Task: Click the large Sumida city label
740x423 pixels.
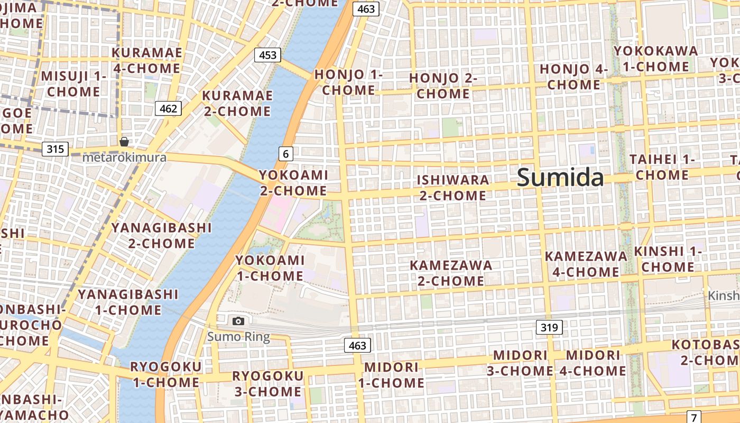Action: [560, 177]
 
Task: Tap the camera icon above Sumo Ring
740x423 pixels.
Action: [238, 321]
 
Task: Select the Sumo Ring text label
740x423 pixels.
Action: [238, 337]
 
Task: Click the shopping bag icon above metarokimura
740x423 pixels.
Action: [124, 142]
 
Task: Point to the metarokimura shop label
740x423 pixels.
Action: [125, 158]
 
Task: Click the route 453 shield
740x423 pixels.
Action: [267, 55]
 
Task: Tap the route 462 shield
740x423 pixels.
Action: [168, 109]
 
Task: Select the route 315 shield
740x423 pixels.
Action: [55, 149]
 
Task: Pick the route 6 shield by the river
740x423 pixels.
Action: [285, 154]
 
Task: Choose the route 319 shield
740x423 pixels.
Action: [549, 327]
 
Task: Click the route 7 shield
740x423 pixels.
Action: [693, 416]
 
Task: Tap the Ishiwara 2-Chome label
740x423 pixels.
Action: [453, 188]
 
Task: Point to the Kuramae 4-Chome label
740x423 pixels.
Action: [147, 60]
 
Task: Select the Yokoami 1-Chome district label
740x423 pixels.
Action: [270, 268]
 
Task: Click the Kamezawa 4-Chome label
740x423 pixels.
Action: [586, 264]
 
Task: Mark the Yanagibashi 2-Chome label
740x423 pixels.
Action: [161, 235]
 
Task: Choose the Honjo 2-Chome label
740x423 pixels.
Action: [443, 86]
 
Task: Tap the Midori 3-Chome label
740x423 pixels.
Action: [520, 363]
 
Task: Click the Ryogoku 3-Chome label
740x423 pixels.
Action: [268, 384]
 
